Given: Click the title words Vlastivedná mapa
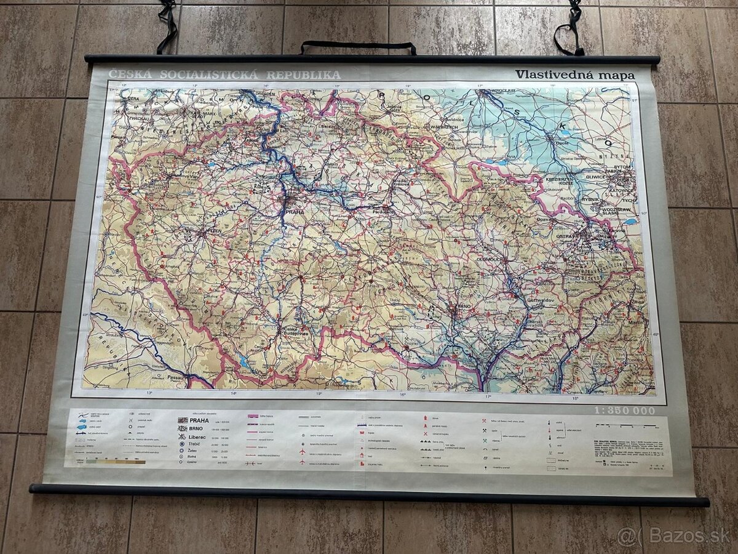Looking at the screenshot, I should (574, 74).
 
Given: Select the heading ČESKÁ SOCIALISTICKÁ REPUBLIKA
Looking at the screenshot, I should (224, 75).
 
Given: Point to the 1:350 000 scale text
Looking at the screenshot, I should (624, 411).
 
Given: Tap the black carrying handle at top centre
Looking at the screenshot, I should (358, 46).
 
